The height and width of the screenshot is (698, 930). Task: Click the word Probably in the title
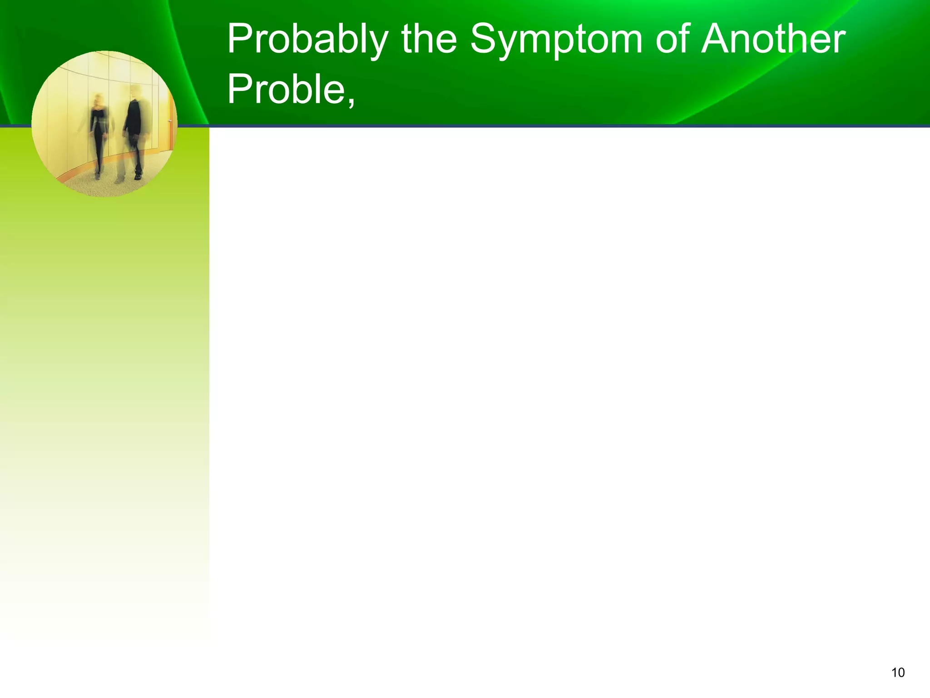[307, 40]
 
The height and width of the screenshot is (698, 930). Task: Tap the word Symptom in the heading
[556, 40]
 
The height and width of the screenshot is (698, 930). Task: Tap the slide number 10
[898, 673]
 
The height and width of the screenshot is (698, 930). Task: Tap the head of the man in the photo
[135, 91]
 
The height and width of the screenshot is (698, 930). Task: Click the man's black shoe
[139, 176]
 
